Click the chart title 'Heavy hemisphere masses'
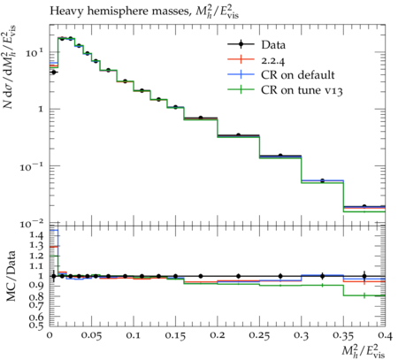[x=119, y=11]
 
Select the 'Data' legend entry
[x=256, y=45]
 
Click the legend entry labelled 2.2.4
[x=256, y=60]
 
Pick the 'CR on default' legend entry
[x=281, y=75]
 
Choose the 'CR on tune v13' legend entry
[x=285, y=90]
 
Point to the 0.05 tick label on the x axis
[x=91, y=335]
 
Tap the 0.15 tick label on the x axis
[x=175, y=335]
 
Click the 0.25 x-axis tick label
[x=259, y=335]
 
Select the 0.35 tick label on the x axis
[x=343, y=335]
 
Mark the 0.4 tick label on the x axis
[x=385, y=335]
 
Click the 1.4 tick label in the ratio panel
[x=37, y=235]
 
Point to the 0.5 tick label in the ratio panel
[x=37, y=326]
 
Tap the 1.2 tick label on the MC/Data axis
[x=37, y=256]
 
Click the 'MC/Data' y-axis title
[x=11, y=276]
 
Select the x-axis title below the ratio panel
[x=364, y=351]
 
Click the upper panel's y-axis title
[x=10, y=66]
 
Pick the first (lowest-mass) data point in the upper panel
[x=54, y=72]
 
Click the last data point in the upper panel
[x=364, y=206]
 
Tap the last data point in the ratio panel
[x=364, y=276]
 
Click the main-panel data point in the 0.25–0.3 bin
[x=280, y=156]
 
